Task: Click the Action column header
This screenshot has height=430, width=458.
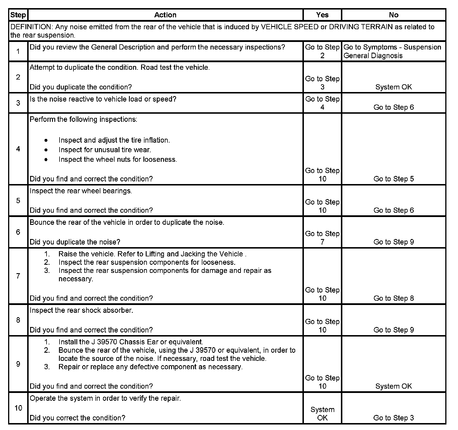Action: tap(165, 15)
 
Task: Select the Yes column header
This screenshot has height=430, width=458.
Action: tap(322, 15)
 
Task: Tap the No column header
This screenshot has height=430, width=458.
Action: tap(394, 15)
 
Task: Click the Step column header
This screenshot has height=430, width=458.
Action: tap(18, 15)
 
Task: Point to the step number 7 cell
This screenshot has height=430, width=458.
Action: tap(18, 276)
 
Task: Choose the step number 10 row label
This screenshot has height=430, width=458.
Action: tap(18, 408)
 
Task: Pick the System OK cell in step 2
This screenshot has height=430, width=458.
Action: tap(394, 87)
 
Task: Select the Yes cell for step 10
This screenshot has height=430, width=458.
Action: tap(322, 414)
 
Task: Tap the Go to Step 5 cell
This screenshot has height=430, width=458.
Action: tap(394, 179)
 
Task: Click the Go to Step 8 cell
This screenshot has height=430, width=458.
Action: tap(394, 298)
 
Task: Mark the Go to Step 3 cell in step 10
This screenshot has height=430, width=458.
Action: tap(394, 418)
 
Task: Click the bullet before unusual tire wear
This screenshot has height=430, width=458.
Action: tap(46, 150)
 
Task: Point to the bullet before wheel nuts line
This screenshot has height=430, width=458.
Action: tap(46, 159)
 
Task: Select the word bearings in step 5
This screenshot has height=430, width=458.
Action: tap(117, 191)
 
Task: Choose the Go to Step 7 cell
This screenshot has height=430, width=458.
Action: tap(322, 238)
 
